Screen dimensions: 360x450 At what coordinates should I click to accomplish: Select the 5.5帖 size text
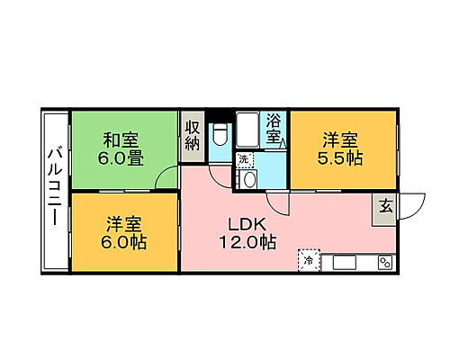point(341,157)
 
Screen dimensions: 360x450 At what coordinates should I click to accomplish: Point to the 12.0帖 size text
point(244,242)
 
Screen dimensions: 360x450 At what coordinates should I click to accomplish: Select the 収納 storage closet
point(193,138)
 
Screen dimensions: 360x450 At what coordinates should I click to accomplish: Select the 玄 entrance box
point(384,206)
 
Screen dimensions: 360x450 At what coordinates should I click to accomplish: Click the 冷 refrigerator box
point(308,260)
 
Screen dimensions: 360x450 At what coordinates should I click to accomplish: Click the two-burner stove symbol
point(384,262)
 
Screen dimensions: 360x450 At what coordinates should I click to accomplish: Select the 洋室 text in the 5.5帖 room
point(341,139)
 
